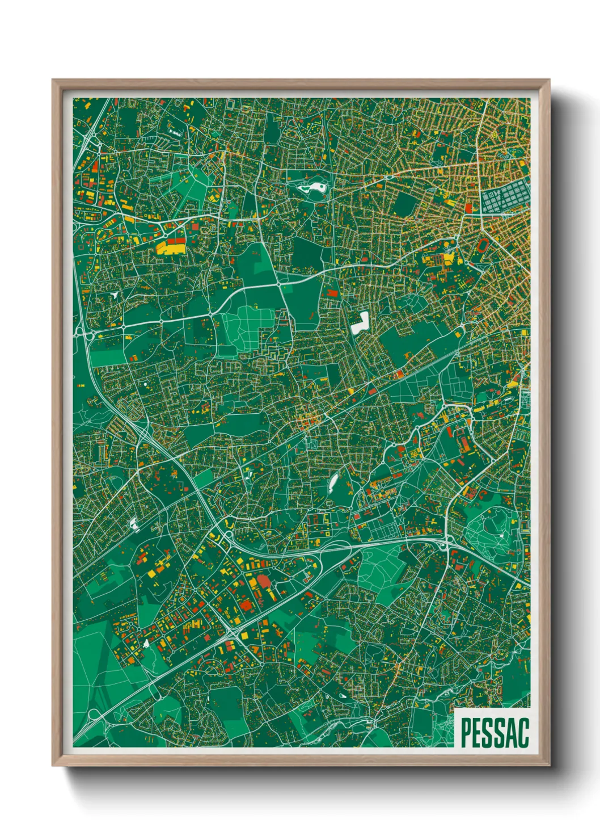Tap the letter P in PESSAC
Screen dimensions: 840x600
click(x=466, y=733)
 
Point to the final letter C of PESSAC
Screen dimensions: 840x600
click(x=523, y=733)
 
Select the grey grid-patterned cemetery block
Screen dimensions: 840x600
click(x=502, y=199)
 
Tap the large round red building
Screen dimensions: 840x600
click(x=263, y=582)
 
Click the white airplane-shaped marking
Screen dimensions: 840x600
click(x=115, y=295)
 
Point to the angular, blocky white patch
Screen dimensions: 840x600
click(x=360, y=324)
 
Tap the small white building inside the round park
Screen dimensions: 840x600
click(x=501, y=535)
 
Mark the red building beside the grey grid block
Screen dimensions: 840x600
click(x=469, y=208)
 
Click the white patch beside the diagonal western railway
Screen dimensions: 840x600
click(x=135, y=524)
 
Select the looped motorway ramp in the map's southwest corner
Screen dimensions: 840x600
click(x=94, y=716)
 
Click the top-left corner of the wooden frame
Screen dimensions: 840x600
click(x=54, y=81)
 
